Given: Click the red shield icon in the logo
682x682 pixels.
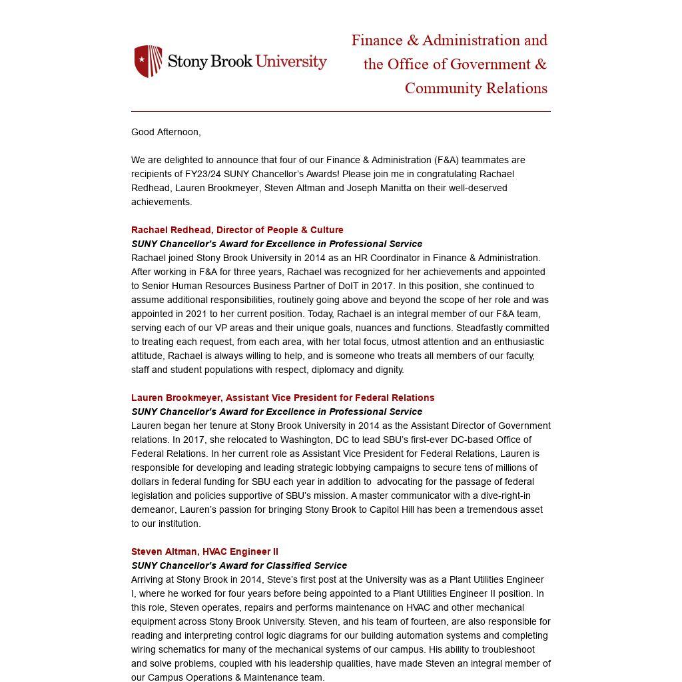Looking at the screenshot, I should (149, 61).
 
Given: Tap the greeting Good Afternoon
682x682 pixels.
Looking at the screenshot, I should (166, 132).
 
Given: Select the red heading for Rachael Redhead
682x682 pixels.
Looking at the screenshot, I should (237, 230).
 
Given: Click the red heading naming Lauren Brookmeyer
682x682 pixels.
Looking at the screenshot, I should (282, 398).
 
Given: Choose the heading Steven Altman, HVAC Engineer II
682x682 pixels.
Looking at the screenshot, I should (204, 551).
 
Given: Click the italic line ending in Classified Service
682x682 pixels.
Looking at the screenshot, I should (239, 565).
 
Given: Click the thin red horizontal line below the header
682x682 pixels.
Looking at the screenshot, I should (341, 111).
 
